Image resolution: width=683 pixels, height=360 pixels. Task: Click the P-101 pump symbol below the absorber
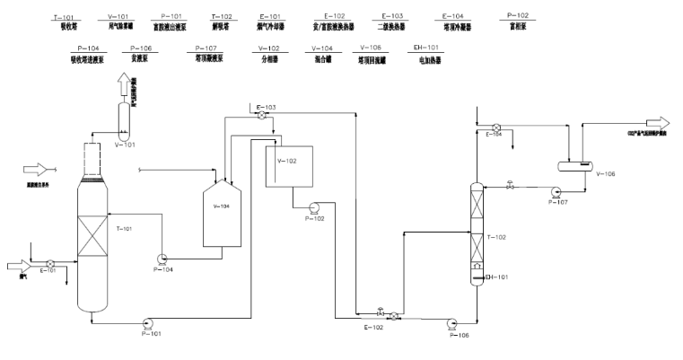(x=147, y=320)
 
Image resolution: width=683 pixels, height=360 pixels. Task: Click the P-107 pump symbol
(x=556, y=190)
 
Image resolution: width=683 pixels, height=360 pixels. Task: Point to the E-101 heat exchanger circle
(x=49, y=264)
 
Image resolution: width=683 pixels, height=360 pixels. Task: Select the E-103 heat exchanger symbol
(x=260, y=117)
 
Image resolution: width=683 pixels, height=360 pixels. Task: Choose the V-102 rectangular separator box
(x=286, y=165)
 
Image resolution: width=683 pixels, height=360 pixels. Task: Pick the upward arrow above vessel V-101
(x=124, y=85)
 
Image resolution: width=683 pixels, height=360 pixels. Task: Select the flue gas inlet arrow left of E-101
(x=21, y=265)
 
